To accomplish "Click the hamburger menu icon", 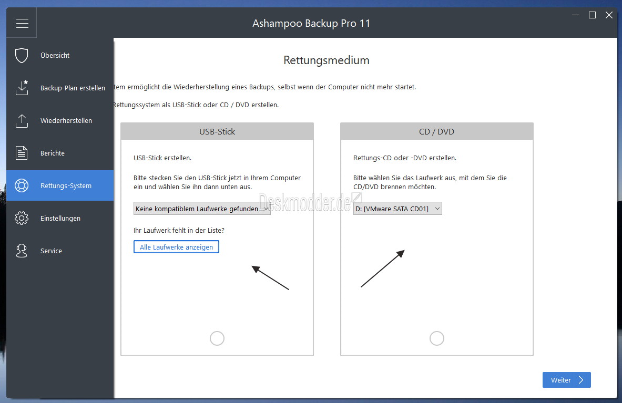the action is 22,23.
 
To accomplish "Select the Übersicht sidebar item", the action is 55,56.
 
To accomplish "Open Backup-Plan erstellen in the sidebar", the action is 73,88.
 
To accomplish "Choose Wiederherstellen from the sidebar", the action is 66,120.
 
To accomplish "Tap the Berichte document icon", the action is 22,153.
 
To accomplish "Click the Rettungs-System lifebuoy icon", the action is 22,185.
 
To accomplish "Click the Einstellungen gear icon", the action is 22,218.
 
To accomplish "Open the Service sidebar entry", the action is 51,251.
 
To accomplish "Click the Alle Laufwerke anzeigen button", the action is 176,247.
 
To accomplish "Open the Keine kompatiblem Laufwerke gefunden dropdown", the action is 202,209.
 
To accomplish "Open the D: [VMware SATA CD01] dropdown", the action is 397,209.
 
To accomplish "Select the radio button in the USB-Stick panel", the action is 217,338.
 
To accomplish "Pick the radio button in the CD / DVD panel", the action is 437,338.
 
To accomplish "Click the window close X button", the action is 609,15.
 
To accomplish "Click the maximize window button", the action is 592,15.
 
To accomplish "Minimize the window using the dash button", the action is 576,15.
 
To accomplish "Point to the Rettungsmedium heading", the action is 327,60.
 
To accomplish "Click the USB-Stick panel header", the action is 217,131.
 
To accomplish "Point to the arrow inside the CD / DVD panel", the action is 382,268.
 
